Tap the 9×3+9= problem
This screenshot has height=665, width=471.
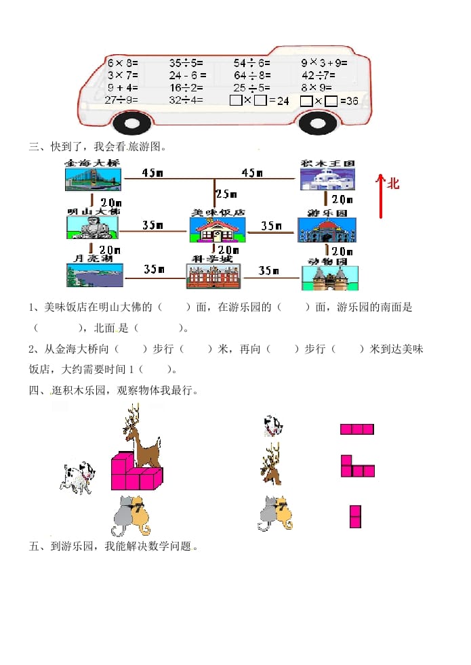(x=324, y=63)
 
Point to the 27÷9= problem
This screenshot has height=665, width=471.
(x=122, y=100)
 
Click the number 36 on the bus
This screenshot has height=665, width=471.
(x=351, y=101)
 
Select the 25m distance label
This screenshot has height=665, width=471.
(x=226, y=194)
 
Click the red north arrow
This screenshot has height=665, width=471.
(x=381, y=196)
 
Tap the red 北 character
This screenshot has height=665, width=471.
(x=393, y=183)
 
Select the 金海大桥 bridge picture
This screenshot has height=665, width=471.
(x=94, y=179)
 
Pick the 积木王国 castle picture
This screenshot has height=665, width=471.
(x=328, y=179)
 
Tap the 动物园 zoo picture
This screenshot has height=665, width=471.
(x=329, y=278)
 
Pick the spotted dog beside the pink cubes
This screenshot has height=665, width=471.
(x=79, y=477)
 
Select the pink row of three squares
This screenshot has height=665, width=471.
(x=357, y=429)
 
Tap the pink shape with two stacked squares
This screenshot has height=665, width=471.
(x=355, y=516)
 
